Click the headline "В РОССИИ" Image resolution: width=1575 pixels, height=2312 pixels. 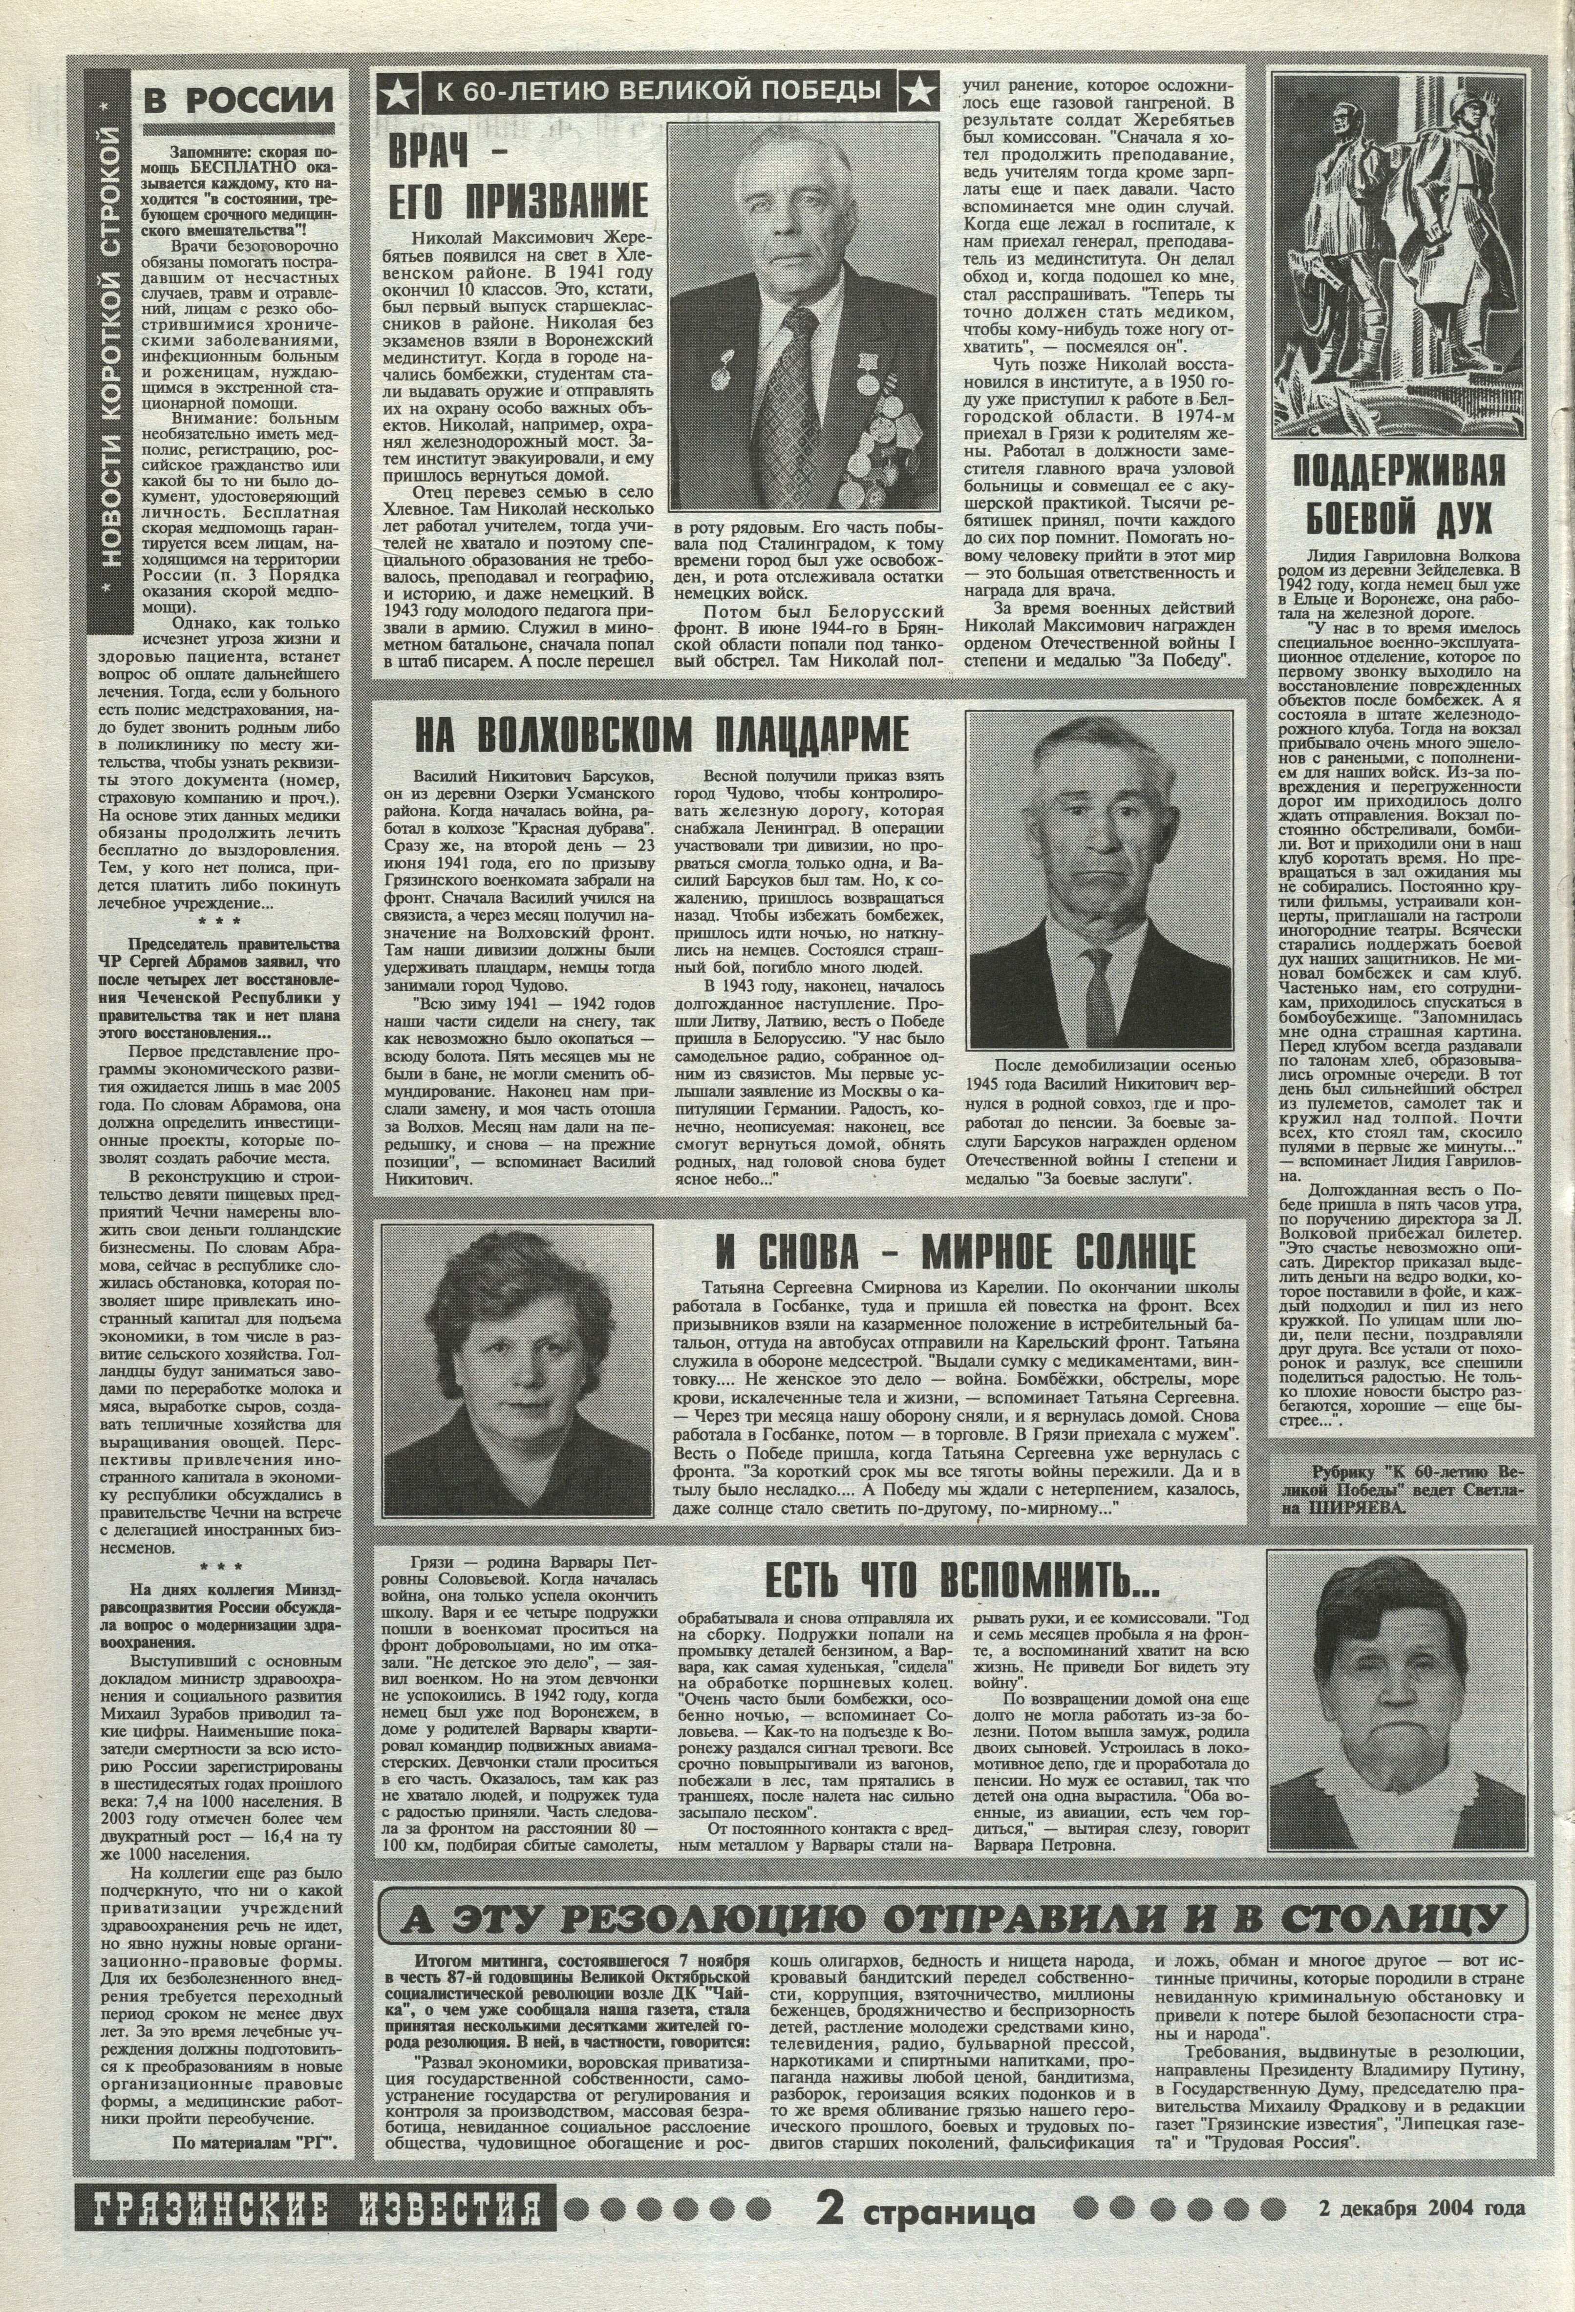click(x=239, y=100)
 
